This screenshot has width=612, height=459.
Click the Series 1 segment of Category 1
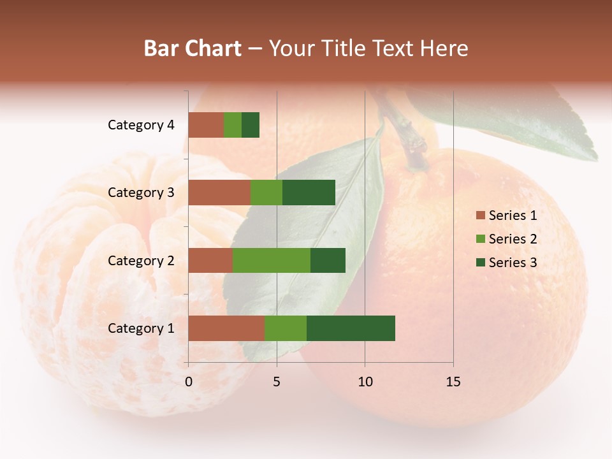tap(226, 328)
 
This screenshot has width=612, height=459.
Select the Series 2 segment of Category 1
tap(286, 328)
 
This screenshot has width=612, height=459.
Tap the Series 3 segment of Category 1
tap(351, 328)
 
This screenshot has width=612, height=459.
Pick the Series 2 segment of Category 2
tap(272, 260)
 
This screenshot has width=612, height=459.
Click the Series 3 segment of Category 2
tap(328, 260)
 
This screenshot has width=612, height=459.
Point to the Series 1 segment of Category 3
tap(219, 193)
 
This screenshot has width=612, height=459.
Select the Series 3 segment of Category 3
tap(309, 193)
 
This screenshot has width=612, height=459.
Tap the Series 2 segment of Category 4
tap(233, 125)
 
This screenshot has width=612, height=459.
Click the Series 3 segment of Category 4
tap(251, 125)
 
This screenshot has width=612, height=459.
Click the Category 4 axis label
tap(141, 125)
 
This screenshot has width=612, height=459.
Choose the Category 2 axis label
tap(141, 260)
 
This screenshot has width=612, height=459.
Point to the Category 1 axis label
tap(141, 328)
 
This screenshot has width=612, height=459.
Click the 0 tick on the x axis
tap(189, 382)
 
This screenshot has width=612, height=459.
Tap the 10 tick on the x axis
tap(365, 382)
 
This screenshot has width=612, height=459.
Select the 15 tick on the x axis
tap(453, 382)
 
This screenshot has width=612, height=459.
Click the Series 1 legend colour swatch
tap(480, 215)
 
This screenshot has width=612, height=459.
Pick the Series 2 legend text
tap(513, 239)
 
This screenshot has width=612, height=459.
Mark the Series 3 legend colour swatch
tap(480, 263)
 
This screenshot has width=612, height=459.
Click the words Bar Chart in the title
tap(193, 48)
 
